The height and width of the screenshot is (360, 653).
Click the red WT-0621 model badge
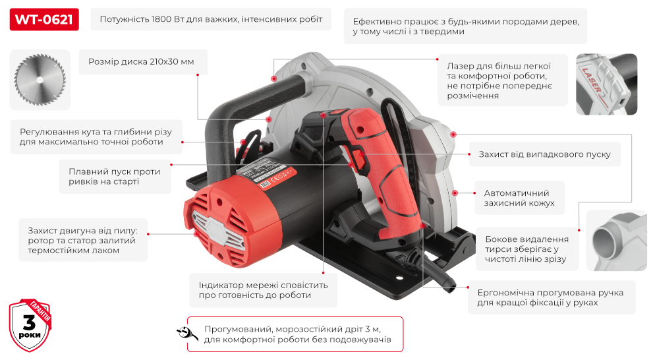click(x=44, y=19)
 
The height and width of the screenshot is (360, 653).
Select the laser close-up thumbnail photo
click(x=606, y=84)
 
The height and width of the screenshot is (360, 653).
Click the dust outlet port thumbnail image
click(x=611, y=241)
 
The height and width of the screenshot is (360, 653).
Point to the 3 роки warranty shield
click(x=30, y=324)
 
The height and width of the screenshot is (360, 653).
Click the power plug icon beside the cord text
click(x=187, y=333)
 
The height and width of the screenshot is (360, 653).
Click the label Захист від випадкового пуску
click(x=540, y=155)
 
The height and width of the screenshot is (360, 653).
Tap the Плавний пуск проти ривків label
click(x=115, y=177)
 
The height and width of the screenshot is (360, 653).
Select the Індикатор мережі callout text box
click(x=263, y=290)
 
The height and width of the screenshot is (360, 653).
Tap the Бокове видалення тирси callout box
click(x=526, y=249)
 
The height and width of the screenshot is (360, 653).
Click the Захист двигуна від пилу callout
click(x=82, y=240)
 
